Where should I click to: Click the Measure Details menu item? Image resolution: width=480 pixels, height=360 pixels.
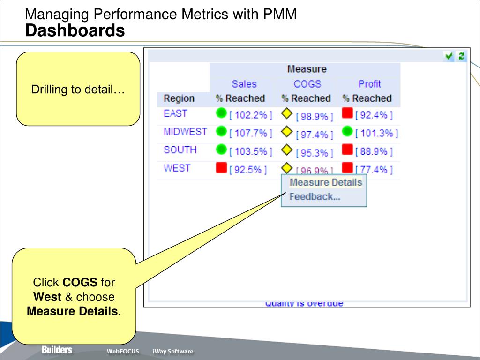click(x=325, y=182)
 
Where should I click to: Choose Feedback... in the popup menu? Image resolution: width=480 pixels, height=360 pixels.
click(x=315, y=197)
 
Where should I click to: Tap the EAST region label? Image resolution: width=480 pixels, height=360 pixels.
click(x=175, y=113)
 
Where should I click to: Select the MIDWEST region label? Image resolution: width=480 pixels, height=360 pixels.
click(x=185, y=132)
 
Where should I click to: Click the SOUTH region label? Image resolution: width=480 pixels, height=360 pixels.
click(x=180, y=150)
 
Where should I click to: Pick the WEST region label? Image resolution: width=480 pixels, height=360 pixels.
click(x=177, y=168)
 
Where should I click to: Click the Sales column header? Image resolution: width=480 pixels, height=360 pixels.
click(x=244, y=84)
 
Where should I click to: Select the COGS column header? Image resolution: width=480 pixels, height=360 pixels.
click(x=307, y=84)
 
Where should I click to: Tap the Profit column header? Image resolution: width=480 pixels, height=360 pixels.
click(x=369, y=84)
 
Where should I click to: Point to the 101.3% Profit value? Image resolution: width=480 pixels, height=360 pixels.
click(x=376, y=134)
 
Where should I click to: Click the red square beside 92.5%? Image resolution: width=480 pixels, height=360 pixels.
click(x=221, y=167)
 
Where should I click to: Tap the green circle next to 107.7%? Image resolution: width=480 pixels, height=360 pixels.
click(x=221, y=132)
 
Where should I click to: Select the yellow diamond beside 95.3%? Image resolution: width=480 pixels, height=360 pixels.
click(x=286, y=150)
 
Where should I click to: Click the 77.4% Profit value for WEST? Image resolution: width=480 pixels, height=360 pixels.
click(x=374, y=170)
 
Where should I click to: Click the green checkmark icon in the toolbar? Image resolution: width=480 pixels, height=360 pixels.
click(x=450, y=56)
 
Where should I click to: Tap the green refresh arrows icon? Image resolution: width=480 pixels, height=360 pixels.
click(x=461, y=56)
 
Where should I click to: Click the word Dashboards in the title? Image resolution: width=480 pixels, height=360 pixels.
click(x=75, y=31)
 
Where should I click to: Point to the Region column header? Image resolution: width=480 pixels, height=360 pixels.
click(x=179, y=98)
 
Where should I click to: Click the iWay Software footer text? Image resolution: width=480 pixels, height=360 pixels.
click(x=172, y=352)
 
